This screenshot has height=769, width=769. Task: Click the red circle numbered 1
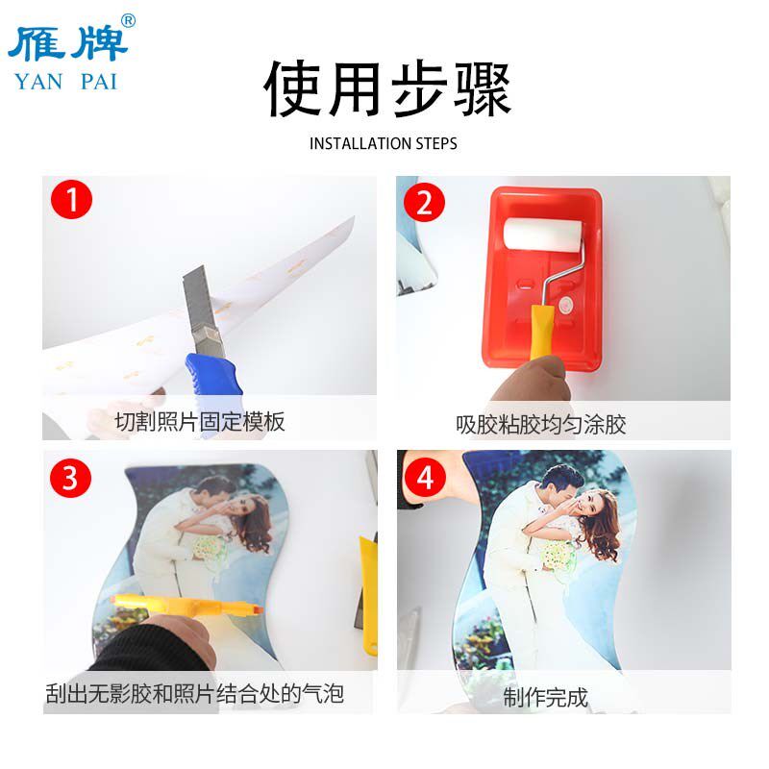(x=72, y=201)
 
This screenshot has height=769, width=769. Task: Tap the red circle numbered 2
(x=424, y=203)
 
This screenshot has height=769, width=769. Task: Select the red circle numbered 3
(x=70, y=478)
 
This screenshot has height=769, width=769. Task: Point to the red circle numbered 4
(x=424, y=478)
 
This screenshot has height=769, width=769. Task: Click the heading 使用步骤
(x=386, y=90)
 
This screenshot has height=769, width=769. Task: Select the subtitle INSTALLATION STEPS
(x=384, y=144)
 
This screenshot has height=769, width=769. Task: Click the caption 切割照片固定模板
(x=200, y=422)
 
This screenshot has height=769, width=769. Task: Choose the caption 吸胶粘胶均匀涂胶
(x=541, y=424)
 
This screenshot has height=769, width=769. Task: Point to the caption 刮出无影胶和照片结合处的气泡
(x=195, y=693)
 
